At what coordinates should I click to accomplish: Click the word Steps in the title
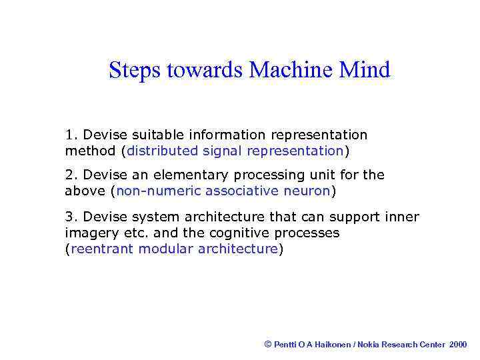tap(134, 71)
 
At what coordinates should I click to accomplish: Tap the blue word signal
tap(222, 151)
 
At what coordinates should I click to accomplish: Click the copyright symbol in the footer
tap(268, 344)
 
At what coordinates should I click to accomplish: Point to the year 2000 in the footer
tap(459, 345)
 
